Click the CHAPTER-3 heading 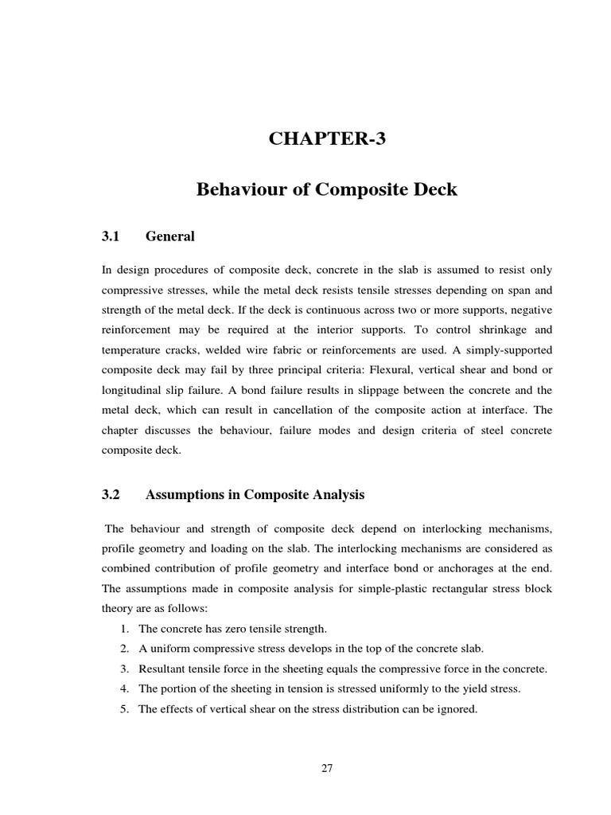point(327,138)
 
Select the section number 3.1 point(111,236)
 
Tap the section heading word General point(170,236)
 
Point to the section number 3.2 point(111,494)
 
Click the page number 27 point(327,768)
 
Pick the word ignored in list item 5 point(456,708)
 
